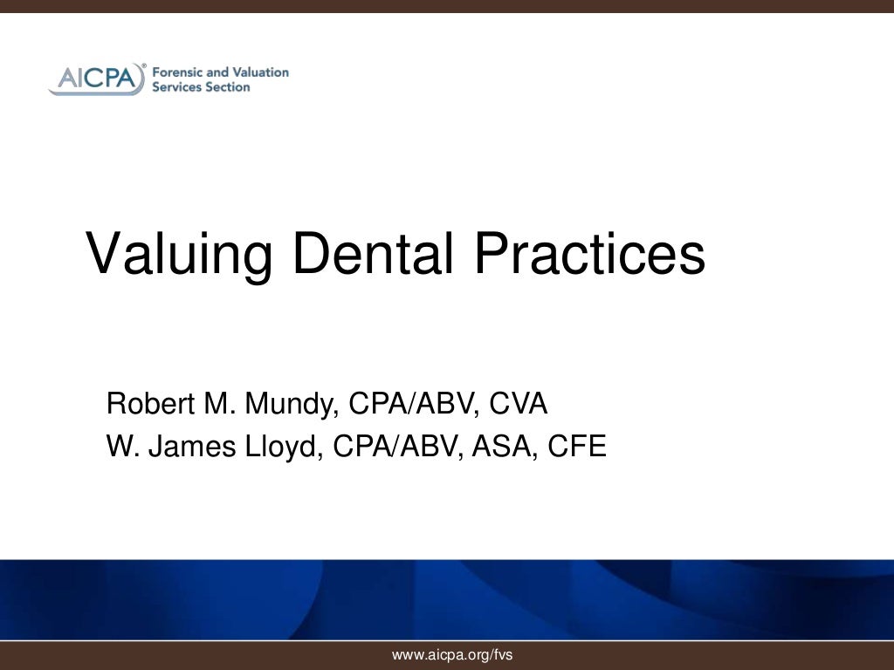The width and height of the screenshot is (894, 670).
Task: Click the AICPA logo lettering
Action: click(x=97, y=79)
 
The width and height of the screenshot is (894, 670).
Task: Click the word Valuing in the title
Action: click(x=179, y=255)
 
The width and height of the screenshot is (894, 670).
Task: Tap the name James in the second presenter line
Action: click(x=190, y=447)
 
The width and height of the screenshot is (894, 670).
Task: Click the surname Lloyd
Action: click(x=280, y=448)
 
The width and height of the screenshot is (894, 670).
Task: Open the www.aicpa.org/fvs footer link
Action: click(x=452, y=654)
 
